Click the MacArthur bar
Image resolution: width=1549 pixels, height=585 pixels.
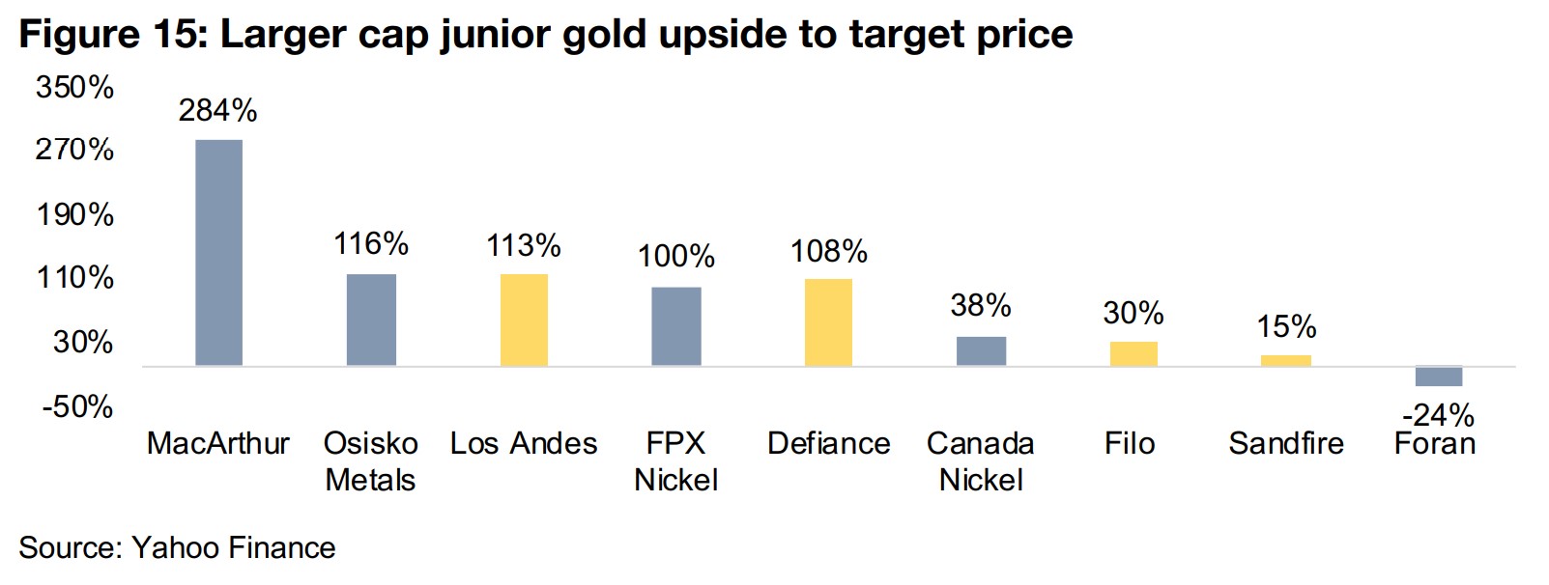click(x=218, y=252)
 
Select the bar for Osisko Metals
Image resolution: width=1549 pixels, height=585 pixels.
click(x=371, y=320)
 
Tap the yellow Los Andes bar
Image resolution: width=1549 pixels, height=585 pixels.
click(x=524, y=320)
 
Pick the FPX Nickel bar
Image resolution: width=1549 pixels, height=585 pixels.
click(x=676, y=326)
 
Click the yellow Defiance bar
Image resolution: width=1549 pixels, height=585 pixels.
click(x=828, y=322)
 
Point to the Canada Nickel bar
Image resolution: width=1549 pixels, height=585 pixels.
click(x=981, y=351)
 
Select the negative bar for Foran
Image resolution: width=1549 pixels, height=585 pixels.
click(x=1438, y=376)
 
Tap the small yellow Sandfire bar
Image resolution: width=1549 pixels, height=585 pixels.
click(x=1285, y=361)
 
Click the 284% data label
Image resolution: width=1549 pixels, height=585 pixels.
click(x=217, y=111)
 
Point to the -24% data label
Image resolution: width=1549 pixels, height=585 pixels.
click(x=1438, y=415)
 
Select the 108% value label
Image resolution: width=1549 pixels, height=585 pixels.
click(x=828, y=252)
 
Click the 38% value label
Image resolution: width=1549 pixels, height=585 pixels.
click(x=981, y=306)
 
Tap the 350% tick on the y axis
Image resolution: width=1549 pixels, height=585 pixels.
click(x=74, y=88)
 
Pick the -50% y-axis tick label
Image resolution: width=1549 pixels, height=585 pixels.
click(x=77, y=406)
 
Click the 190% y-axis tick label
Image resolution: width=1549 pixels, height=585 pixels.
click(x=74, y=214)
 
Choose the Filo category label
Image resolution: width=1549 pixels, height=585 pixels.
click(x=1130, y=443)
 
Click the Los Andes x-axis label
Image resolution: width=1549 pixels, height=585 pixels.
click(x=524, y=443)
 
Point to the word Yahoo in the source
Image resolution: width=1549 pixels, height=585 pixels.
click(x=174, y=548)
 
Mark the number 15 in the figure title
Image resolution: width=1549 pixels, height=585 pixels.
click(x=171, y=35)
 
